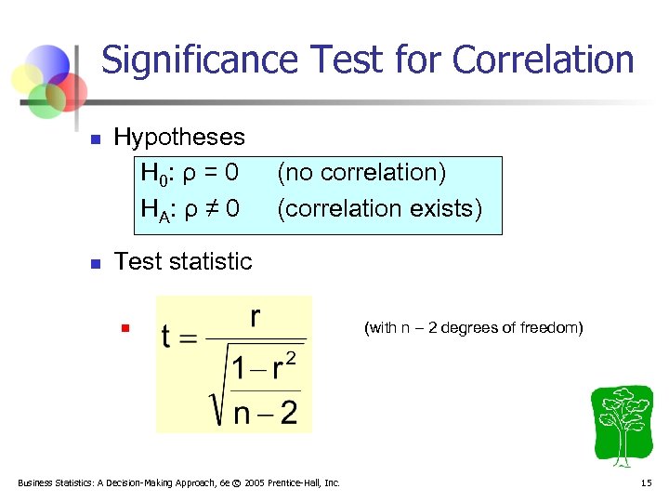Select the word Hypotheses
coord(179,138)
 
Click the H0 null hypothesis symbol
coord(151,174)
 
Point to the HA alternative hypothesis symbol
coord(152,209)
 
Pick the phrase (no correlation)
coord(361,173)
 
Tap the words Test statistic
coord(182,262)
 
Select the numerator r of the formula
coord(256,317)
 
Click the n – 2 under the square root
coord(265,411)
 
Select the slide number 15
coord(647,482)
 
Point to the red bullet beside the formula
coord(121,328)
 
